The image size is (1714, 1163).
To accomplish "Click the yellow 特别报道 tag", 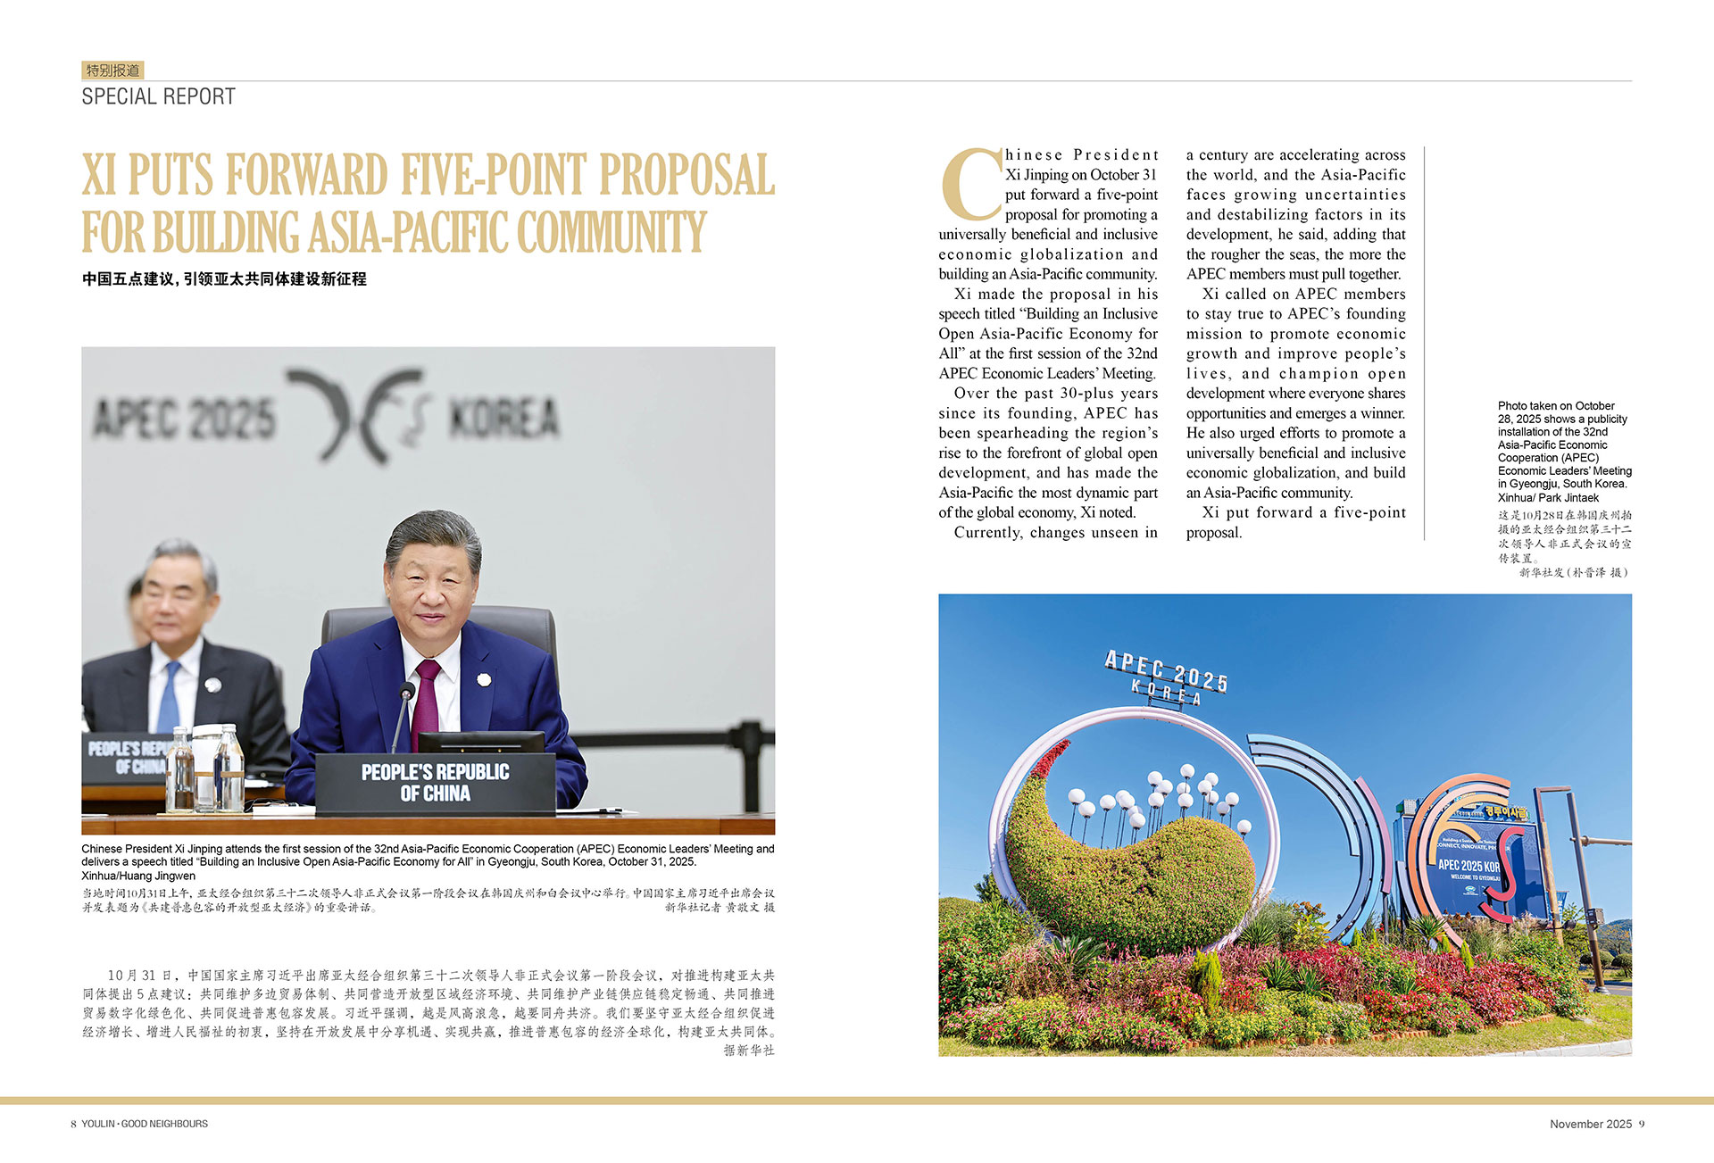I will tap(112, 71).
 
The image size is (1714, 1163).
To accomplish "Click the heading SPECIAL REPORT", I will tap(158, 96).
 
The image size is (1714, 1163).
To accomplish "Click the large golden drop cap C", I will tap(970, 184).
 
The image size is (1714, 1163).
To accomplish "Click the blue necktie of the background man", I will tap(169, 697).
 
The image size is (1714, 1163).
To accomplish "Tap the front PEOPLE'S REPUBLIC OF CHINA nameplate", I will tap(435, 783).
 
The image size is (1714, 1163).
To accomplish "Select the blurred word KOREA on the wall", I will tap(504, 419).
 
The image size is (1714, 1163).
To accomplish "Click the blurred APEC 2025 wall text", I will tap(185, 420).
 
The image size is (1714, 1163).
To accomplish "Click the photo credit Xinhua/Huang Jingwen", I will tap(138, 876).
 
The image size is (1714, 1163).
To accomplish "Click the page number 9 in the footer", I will tap(1642, 1124).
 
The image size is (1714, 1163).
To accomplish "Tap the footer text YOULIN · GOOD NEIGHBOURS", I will tap(145, 1124).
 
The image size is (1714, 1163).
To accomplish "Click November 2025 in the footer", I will tap(1590, 1124).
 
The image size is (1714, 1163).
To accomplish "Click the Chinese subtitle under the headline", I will tap(224, 279).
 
